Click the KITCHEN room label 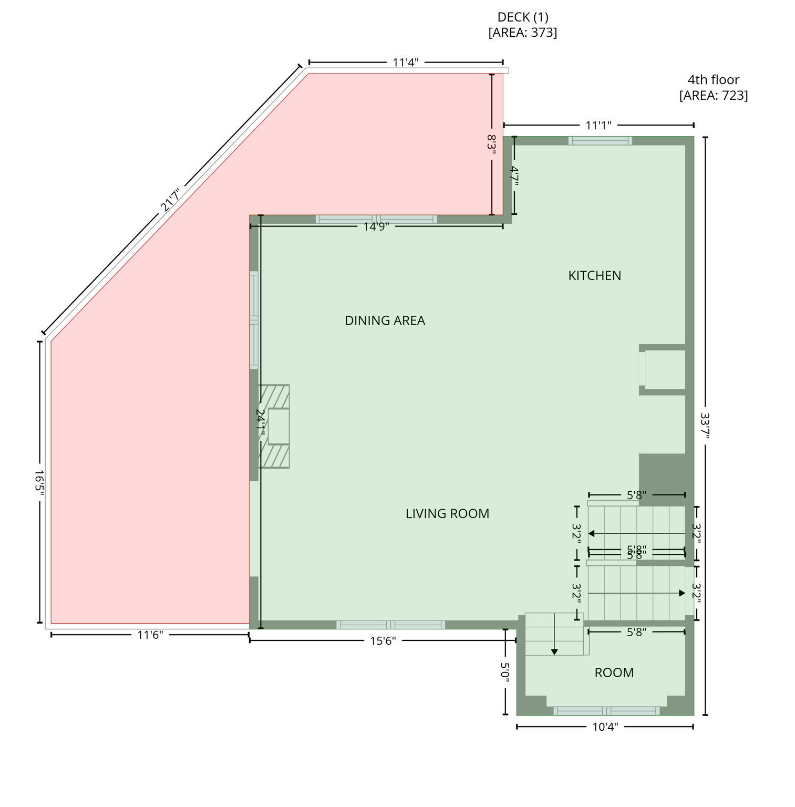(594, 275)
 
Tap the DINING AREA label (385, 320)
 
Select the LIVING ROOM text (447, 513)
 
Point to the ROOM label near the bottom (614, 672)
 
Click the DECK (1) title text (522, 17)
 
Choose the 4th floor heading (713, 80)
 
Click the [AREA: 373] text (522, 33)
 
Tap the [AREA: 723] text (713, 95)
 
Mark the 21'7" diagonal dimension (170, 200)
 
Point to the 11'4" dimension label (406, 63)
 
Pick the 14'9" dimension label (376, 226)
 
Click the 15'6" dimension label (383, 640)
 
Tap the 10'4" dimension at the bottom (605, 727)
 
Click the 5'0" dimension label (505, 672)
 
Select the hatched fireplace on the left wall (274, 426)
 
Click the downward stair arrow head (554, 652)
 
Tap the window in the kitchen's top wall (600, 140)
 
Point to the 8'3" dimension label (492, 144)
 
